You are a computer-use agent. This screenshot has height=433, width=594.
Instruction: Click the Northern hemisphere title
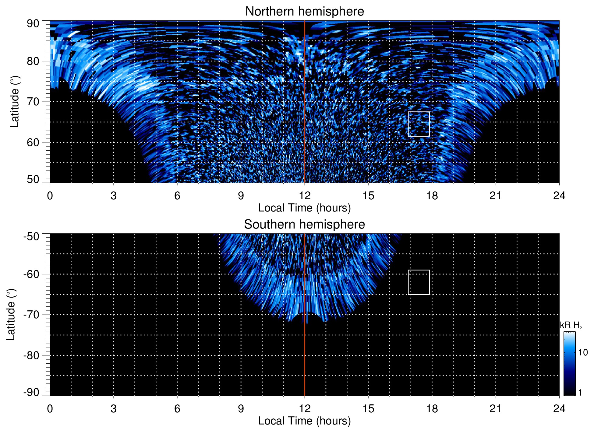pos(304,12)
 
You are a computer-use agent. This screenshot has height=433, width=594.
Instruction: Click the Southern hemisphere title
pos(304,225)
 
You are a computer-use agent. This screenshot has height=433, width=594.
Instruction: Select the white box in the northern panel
pos(419,124)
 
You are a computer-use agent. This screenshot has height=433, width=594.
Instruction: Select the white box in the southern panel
pos(419,282)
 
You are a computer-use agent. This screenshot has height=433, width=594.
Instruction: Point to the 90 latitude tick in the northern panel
pos(33,24)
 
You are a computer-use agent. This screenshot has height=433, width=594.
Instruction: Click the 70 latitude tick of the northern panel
pos(33,102)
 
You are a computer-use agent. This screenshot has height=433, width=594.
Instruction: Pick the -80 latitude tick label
pos(31,355)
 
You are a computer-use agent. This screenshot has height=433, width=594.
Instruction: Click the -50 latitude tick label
pos(31,236)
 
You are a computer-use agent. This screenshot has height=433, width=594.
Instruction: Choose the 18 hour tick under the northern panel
pos(432,196)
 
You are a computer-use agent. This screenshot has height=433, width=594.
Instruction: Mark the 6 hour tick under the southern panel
pos(177,409)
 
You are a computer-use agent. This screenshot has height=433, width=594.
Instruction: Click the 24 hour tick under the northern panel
pos(559,196)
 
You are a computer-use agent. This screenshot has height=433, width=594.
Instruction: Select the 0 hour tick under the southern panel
pos(50,409)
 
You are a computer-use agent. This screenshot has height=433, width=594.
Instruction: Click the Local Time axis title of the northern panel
pos(304,208)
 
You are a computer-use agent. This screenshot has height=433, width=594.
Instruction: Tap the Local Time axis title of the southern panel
pos(304,421)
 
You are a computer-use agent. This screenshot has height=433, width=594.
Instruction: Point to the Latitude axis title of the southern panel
pos(11,315)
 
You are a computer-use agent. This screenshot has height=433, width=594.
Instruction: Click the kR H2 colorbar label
pos(571,325)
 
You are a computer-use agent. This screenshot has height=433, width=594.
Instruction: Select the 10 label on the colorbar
pos(583,352)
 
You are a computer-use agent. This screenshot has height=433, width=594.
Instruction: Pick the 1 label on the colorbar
pos(580,393)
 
